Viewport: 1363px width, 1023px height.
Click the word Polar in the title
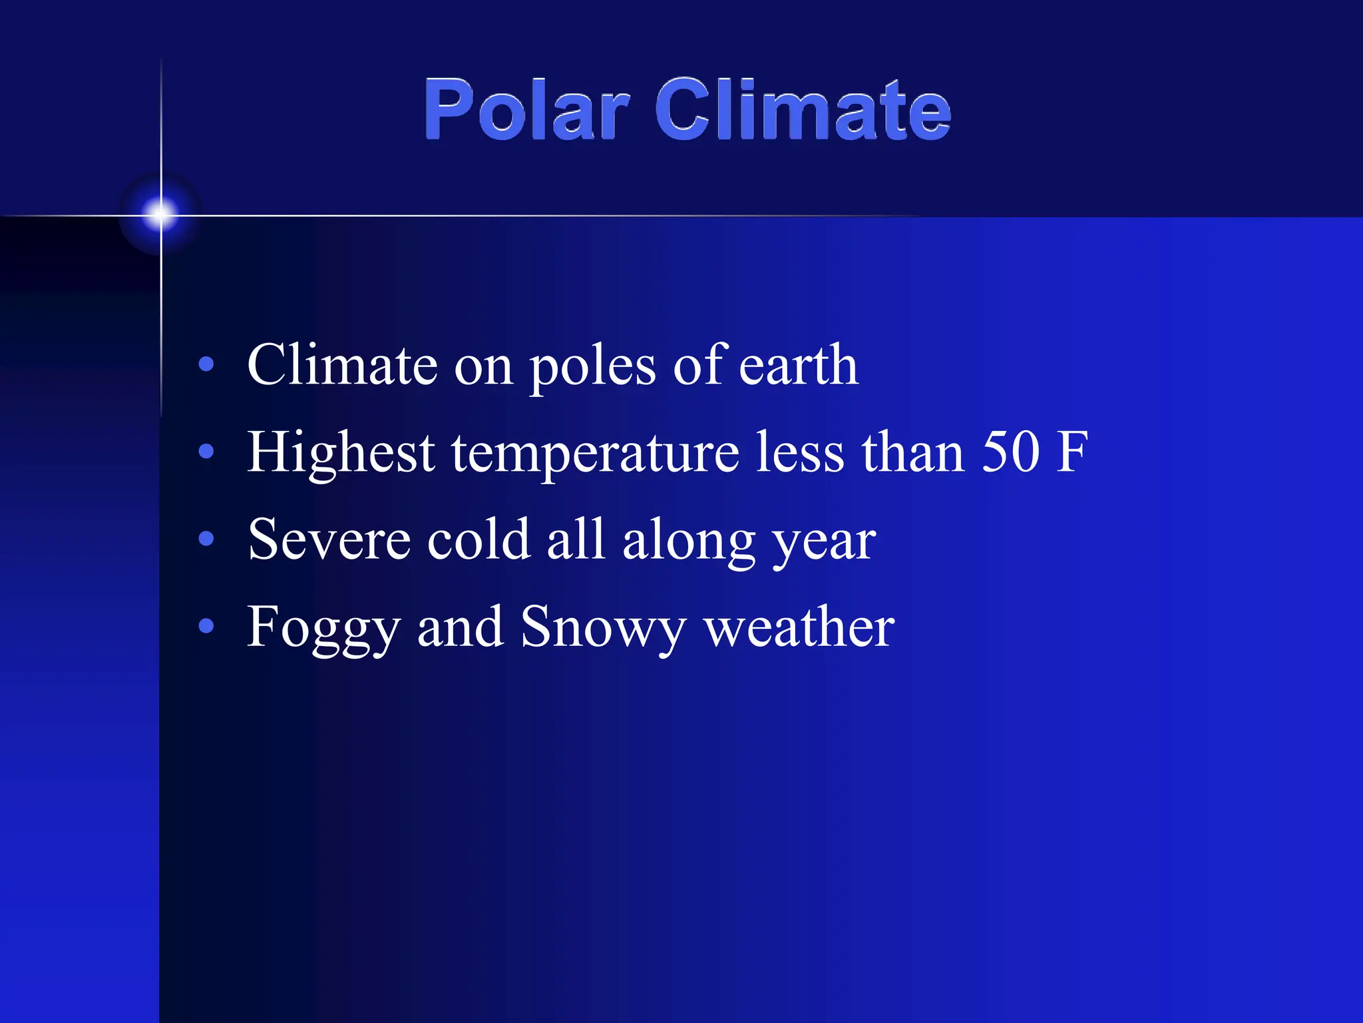coord(526,110)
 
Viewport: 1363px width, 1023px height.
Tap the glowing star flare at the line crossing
coord(160,214)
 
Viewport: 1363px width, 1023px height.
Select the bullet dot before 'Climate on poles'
coord(206,364)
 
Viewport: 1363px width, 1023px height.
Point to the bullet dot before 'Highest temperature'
coord(206,452)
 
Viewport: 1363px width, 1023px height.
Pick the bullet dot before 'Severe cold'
coord(206,538)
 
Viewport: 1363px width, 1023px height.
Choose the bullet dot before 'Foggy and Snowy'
coord(206,625)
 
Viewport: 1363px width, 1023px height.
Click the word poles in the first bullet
coord(592,366)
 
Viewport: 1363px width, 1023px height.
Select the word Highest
coord(341,453)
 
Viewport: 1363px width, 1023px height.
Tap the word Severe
coord(329,539)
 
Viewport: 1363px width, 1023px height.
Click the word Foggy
coord(323,627)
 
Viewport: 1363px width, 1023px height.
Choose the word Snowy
coord(602,627)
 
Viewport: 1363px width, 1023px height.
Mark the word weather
coord(799,627)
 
